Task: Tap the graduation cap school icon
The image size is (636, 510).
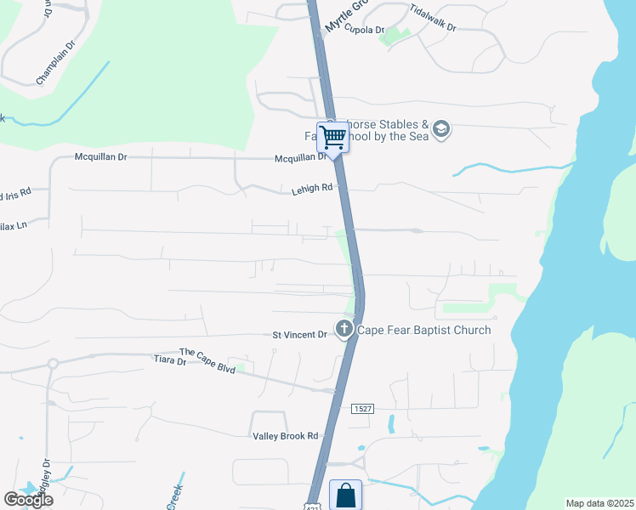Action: pos(440,129)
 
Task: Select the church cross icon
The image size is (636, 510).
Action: pos(344,328)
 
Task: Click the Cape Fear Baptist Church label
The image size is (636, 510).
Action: pos(423,330)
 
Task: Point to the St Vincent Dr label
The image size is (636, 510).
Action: pos(299,335)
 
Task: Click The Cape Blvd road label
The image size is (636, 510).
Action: pos(207,353)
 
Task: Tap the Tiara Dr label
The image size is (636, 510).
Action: pos(169,361)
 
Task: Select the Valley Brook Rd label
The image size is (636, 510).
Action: pos(285,436)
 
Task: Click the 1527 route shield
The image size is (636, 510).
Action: pos(361,409)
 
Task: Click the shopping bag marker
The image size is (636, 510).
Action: pos(345,495)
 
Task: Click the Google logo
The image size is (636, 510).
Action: pos(28,500)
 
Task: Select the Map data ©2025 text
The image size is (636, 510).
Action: pos(600,503)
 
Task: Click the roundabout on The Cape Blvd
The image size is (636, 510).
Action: pos(53,363)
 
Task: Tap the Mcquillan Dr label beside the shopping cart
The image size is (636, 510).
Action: pos(300,158)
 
